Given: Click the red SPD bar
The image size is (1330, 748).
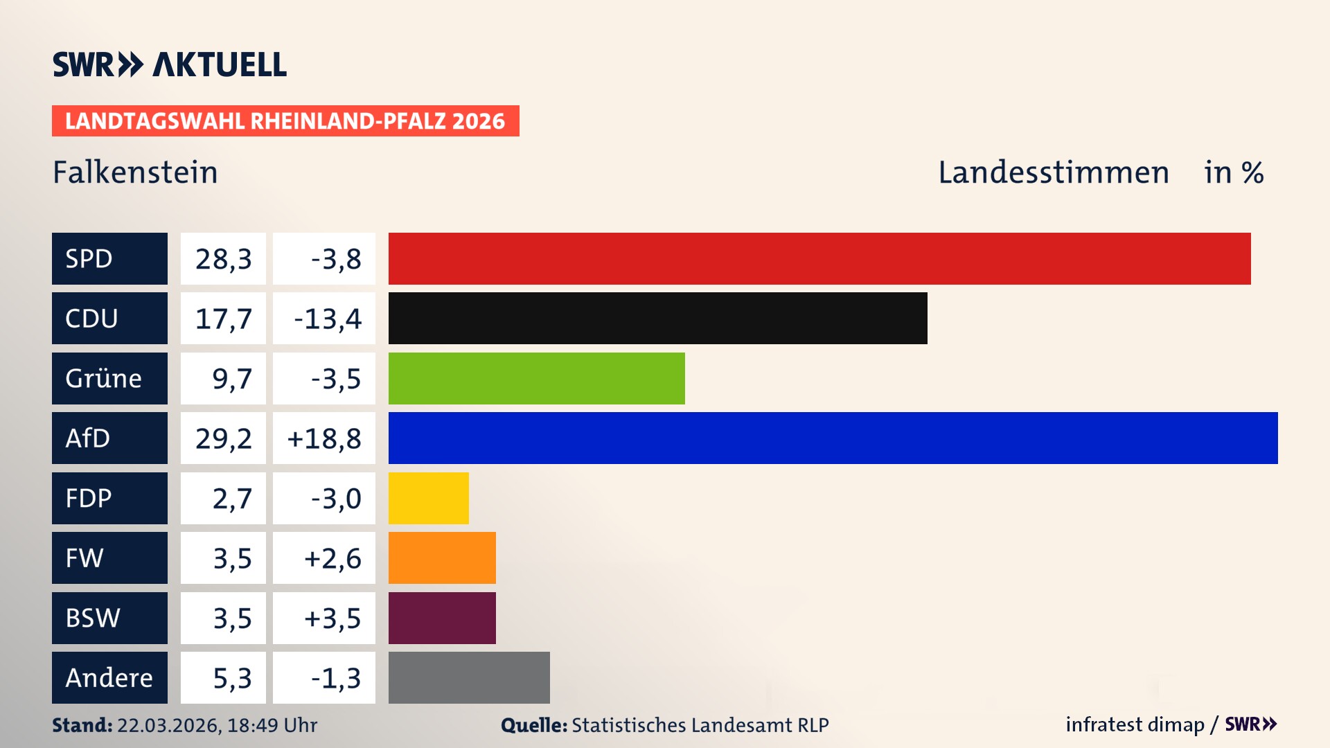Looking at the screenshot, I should point(819,258).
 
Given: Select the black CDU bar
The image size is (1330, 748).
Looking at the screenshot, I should point(657,318).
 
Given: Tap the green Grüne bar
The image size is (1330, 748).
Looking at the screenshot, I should point(536,378).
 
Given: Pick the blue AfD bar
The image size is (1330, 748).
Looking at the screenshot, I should point(833,438).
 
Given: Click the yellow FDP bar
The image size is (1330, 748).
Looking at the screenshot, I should point(428,498).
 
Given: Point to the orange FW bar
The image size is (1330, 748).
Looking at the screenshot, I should point(442,558).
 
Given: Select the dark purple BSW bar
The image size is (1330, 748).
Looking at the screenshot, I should point(442,618).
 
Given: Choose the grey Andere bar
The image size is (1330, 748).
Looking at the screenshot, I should point(469,677).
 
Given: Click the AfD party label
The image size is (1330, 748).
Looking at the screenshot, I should point(109,438).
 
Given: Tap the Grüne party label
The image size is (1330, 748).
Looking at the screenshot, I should point(109,378).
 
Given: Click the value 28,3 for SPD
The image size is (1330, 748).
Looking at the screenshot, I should point(223,258).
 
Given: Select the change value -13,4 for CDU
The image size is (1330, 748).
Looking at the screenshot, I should point(324,318).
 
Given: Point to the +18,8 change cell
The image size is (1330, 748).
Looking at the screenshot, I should point(324,438).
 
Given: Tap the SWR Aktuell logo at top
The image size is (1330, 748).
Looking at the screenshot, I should point(169,64).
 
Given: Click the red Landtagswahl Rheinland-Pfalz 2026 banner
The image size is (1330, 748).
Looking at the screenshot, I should point(285,121).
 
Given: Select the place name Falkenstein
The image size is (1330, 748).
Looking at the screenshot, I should point(135,172).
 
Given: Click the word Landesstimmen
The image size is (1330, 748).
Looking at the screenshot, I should point(1053,172).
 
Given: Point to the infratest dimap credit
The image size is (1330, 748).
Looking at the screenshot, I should point(1135,724).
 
